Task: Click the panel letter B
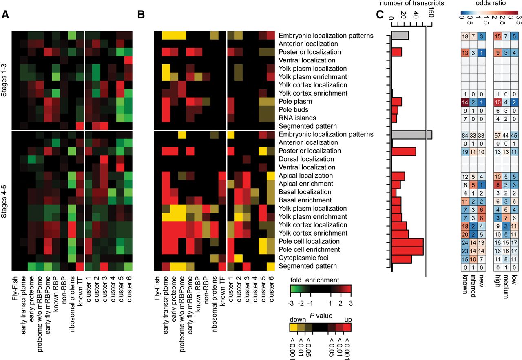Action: point(141,15)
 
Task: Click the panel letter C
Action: point(380,15)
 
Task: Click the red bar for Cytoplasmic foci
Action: point(402,258)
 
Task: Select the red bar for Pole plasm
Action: point(397,101)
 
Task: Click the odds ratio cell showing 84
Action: point(465,134)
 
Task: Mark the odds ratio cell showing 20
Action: point(465,233)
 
